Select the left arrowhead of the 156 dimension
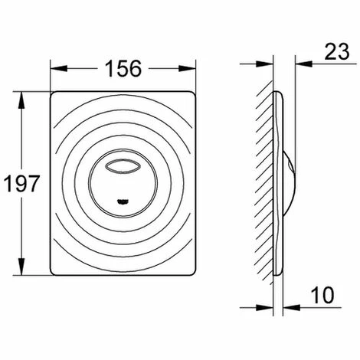tap(55, 67)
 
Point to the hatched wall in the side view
tap(267, 184)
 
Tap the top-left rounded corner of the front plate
tap(57, 97)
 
